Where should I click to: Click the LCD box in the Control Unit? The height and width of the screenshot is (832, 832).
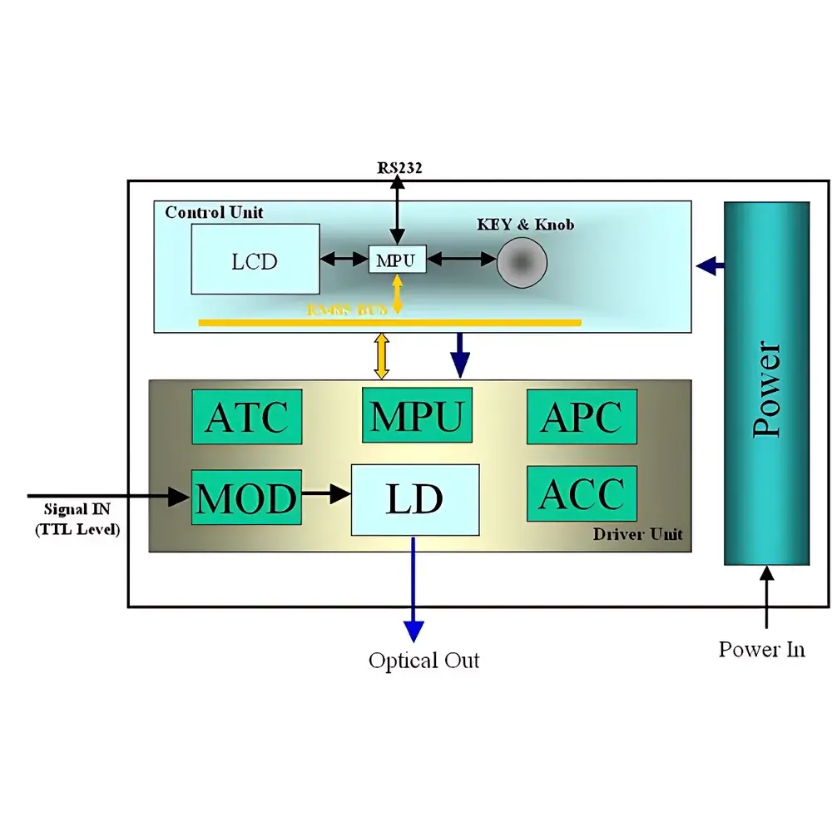click(255, 259)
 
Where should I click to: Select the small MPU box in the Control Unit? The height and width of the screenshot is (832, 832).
click(397, 260)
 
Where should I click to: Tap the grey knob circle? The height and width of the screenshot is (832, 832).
click(522, 262)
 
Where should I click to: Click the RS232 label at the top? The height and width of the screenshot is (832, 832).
click(399, 168)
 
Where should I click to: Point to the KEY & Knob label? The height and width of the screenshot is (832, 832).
click(525, 225)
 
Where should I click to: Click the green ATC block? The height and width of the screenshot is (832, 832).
click(246, 416)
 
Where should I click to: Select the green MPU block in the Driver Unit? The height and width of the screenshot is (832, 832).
click(417, 415)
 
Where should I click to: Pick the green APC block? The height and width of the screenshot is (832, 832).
click(582, 416)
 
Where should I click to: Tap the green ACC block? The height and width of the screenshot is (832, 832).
click(582, 494)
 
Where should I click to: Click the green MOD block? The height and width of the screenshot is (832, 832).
click(246, 498)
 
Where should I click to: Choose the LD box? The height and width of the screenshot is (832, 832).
click(415, 499)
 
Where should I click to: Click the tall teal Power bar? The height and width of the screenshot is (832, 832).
click(766, 384)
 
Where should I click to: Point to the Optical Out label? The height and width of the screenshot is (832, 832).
click(424, 661)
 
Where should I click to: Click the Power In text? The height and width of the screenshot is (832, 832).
click(762, 649)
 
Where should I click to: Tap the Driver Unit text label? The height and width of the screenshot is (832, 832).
click(637, 534)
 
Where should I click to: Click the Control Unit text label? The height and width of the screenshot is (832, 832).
click(214, 212)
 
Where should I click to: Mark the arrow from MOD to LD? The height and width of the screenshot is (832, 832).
click(326, 494)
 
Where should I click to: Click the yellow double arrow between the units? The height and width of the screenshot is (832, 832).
click(382, 356)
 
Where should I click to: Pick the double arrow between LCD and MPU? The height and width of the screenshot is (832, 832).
click(344, 260)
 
